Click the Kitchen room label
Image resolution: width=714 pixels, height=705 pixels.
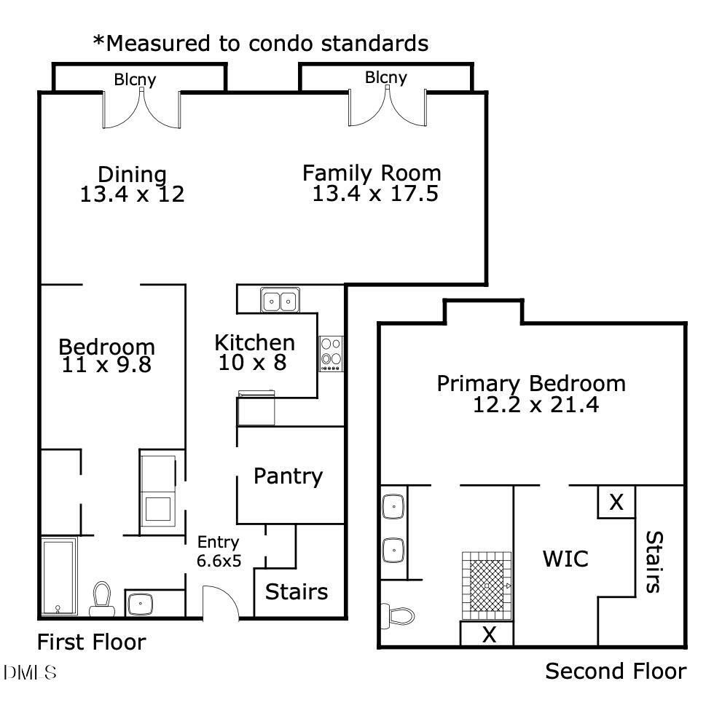(x=254, y=342)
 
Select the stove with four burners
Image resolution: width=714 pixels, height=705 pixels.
(x=331, y=353)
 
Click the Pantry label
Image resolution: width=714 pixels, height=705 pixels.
(x=288, y=476)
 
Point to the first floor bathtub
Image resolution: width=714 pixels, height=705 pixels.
(x=58, y=575)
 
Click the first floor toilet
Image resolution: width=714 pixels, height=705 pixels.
(x=101, y=599)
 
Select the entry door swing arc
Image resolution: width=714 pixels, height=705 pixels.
(x=222, y=602)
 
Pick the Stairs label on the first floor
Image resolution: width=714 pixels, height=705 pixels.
(x=297, y=591)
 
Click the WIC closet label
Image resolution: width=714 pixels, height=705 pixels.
(x=565, y=559)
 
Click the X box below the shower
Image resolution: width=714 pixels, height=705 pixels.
(x=488, y=635)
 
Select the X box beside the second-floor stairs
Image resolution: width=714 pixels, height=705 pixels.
(x=616, y=502)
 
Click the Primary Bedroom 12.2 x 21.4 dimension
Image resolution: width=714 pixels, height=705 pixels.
(x=535, y=405)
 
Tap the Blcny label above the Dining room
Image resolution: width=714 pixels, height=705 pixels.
(x=135, y=79)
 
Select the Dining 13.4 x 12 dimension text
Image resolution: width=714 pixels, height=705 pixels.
(x=132, y=194)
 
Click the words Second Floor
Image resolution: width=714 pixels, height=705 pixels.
(x=616, y=671)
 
